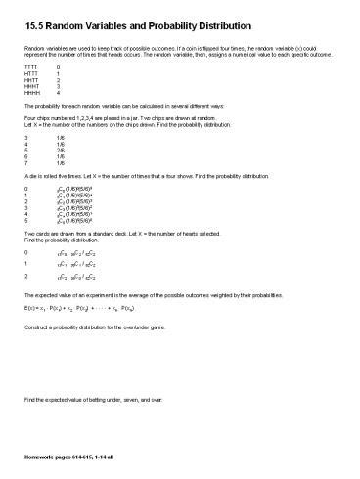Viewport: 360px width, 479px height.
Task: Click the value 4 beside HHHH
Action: click(x=59, y=105)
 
